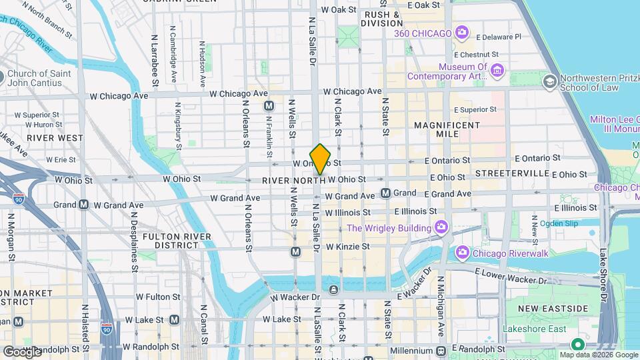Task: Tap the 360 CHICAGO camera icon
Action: coord(461,33)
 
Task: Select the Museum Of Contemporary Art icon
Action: coord(497,71)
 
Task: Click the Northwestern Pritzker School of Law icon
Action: coord(550,82)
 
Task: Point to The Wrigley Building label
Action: coord(389,229)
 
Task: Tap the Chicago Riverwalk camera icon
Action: coord(463,253)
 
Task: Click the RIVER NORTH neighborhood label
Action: coord(293,181)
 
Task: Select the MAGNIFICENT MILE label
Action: coord(447,129)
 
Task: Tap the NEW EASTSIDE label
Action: coord(553,309)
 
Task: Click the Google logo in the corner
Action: coord(21,351)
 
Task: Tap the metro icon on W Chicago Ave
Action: coord(269,106)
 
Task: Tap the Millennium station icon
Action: coord(441,351)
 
